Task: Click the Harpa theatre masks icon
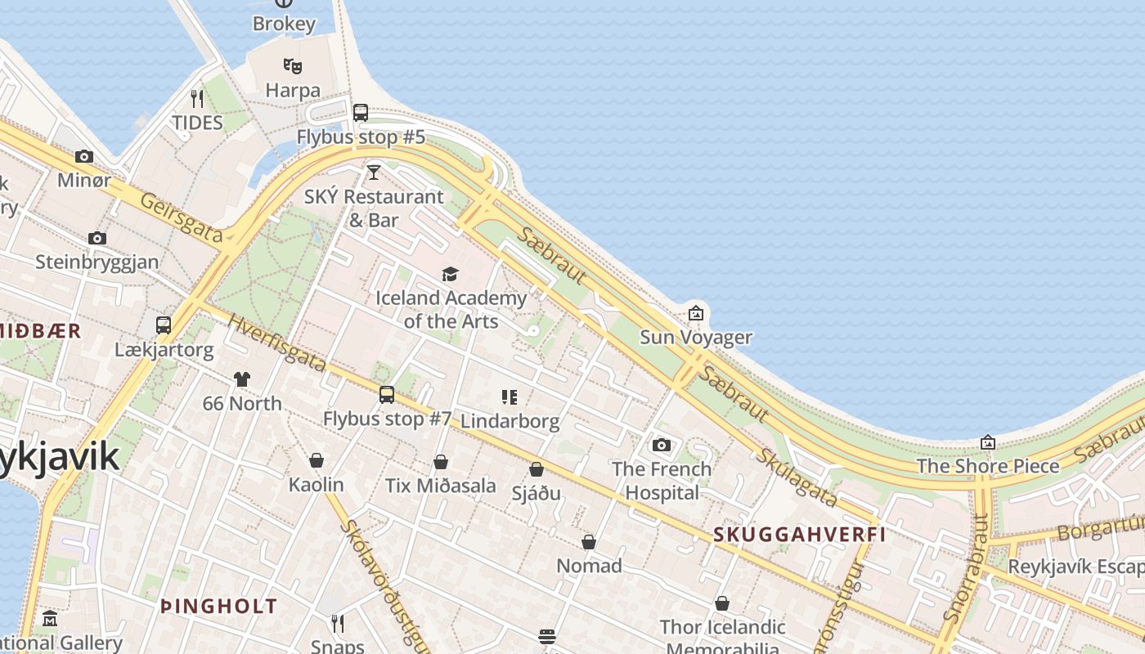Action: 293,65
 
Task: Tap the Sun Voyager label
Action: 695,337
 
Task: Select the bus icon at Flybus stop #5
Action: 361,113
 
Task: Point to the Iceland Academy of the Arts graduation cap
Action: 450,274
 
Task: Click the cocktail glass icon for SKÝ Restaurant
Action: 374,172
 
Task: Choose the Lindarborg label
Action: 510,421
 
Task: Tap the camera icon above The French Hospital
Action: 662,445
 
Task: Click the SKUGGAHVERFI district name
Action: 800,535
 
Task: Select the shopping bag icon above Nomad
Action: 589,542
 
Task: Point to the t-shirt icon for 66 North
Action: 242,379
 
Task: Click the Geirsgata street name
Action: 181,217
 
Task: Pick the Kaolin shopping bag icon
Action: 317,460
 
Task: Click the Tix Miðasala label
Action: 441,486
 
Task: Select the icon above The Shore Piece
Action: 988,442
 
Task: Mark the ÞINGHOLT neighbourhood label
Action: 219,607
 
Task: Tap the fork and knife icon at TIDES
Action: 197,99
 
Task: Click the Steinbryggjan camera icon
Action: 97,238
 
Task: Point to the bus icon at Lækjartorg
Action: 164,325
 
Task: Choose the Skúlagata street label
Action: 797,478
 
